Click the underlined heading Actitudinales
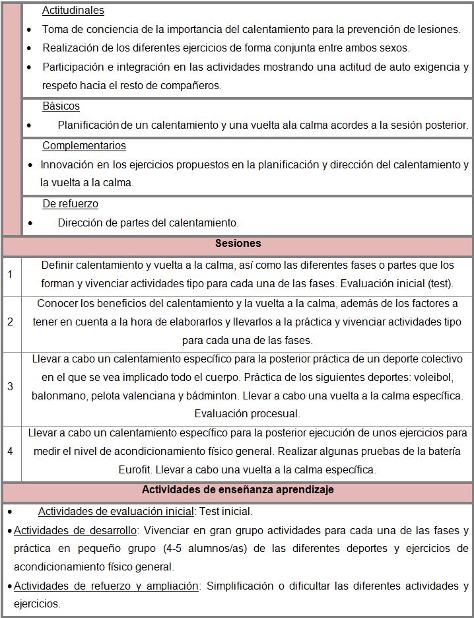73,11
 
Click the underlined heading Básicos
61,106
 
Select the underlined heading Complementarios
84,146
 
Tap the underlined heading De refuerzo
70,204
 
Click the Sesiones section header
238,244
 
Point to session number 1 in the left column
10,275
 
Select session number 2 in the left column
10,322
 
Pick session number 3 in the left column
10,386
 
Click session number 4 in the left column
10,452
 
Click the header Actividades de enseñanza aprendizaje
238,490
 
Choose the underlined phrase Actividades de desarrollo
75,530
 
